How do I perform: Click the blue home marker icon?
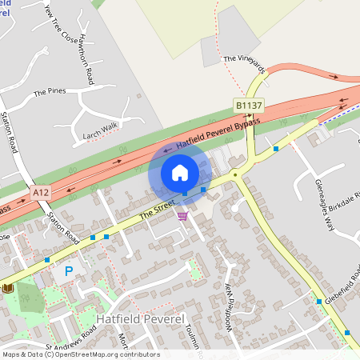[x=179, y=172]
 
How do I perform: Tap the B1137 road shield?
[x=248, y=106]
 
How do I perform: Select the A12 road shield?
[x=42, y=193]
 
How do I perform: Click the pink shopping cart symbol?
[x=182, y=215]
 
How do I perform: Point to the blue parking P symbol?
[x=69, y=272]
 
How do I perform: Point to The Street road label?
[x=157, y=211]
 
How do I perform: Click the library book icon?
[x=8, y=287]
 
